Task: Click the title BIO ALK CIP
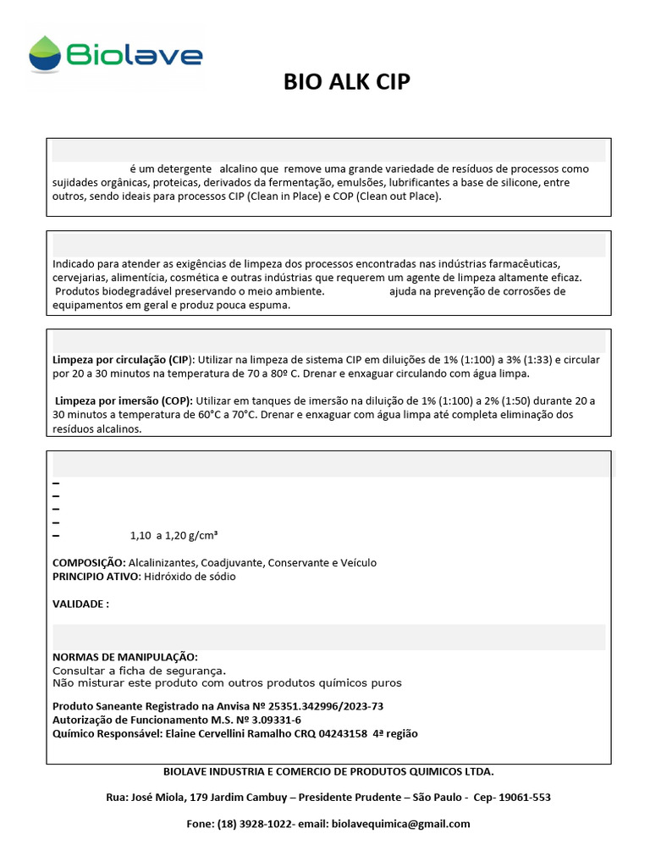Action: tap(347, 82)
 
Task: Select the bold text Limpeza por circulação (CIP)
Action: tap(124, 360)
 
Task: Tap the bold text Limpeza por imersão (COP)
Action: tap(124, 400)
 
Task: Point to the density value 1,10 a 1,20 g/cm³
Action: tap(174, 535)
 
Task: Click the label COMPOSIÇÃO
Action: tap(89, 563)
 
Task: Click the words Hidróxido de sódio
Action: tap(190, 577)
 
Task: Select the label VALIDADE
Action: tap(80, 604)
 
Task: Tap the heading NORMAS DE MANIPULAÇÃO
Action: tap(125, 657)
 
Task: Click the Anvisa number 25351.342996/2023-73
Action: tap(326, 706)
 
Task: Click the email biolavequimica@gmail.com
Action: tap(400, 824)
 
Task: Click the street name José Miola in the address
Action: tap(157, 798)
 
